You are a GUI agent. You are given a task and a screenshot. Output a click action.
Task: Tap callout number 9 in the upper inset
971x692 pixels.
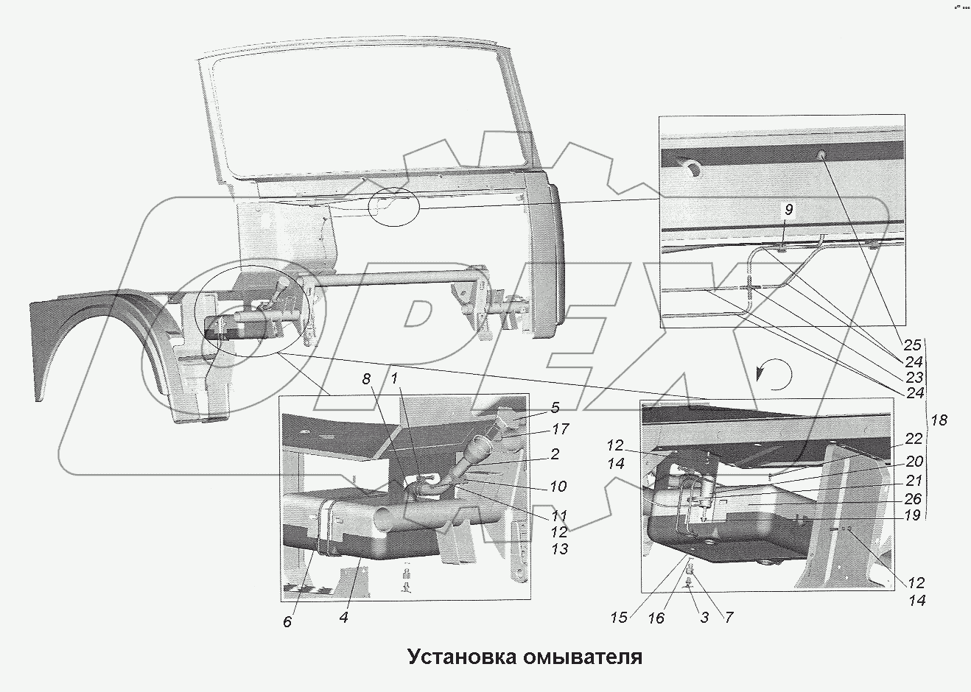788,211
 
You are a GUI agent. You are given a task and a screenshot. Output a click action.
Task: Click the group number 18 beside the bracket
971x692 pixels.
939,420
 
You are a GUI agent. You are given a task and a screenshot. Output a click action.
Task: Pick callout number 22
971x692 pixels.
914,439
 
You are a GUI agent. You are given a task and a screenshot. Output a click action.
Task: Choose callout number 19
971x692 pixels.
912,515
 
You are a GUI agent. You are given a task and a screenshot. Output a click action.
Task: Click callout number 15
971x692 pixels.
619,617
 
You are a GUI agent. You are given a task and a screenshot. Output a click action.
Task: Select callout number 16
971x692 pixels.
655,618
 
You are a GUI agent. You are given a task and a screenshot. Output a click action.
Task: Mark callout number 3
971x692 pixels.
704,618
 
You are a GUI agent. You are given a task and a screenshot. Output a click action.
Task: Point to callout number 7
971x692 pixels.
728,617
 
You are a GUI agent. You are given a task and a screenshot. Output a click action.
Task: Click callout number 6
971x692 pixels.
287,622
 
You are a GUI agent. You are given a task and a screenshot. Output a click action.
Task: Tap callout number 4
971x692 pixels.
343,617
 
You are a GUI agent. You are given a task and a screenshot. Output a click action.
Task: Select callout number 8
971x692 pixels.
366,379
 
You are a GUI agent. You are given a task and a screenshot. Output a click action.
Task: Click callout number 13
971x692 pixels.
559,549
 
